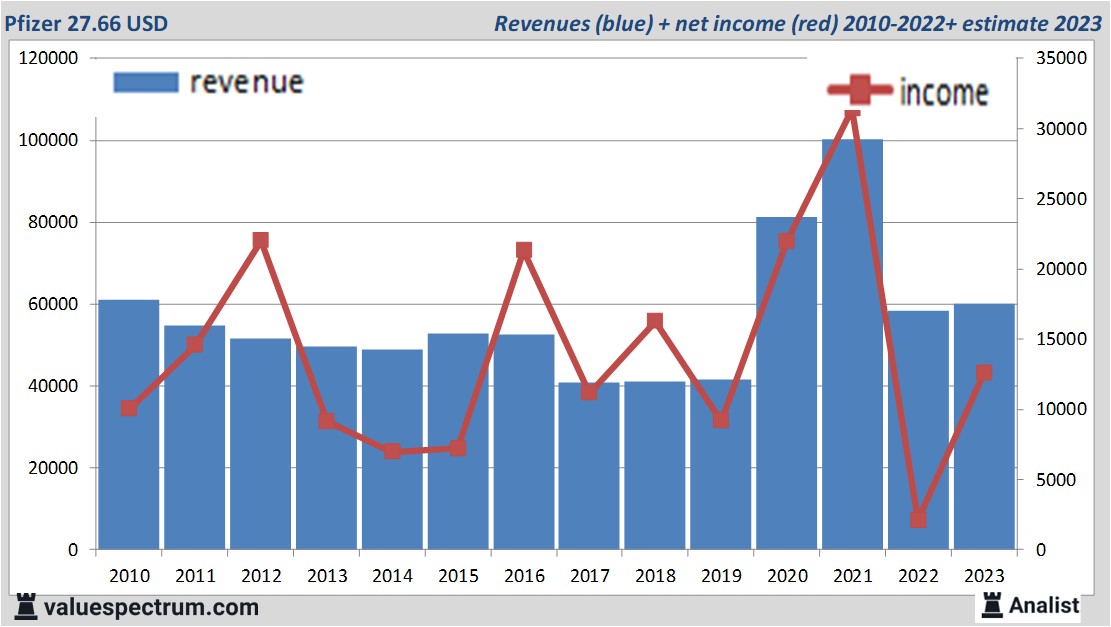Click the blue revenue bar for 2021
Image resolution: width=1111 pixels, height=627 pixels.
[852, 345]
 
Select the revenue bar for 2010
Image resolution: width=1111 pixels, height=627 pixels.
[129, 425]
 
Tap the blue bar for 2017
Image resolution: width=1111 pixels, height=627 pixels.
[588, 466]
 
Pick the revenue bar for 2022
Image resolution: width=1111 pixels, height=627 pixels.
[918, 430]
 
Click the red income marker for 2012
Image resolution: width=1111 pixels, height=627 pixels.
[261, 240]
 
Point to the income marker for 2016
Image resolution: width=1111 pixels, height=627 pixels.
[523, 250]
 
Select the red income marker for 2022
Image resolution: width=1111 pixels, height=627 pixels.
[918, 519]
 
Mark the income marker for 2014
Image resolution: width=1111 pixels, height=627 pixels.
[392, 451]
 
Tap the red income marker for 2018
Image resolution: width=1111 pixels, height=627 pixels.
[655, 321]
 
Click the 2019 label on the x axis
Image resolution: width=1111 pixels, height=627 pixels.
[720, 576]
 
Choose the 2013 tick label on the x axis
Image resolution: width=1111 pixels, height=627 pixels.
[326, 576]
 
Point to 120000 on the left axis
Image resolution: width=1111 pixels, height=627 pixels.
[49, 59]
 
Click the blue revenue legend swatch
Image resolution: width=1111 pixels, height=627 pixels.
[146, 82]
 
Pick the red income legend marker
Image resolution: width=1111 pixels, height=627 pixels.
[859, 91]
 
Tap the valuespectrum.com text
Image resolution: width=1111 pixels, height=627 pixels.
[150, 607]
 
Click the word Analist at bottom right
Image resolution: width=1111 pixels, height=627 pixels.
[1044, 605]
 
